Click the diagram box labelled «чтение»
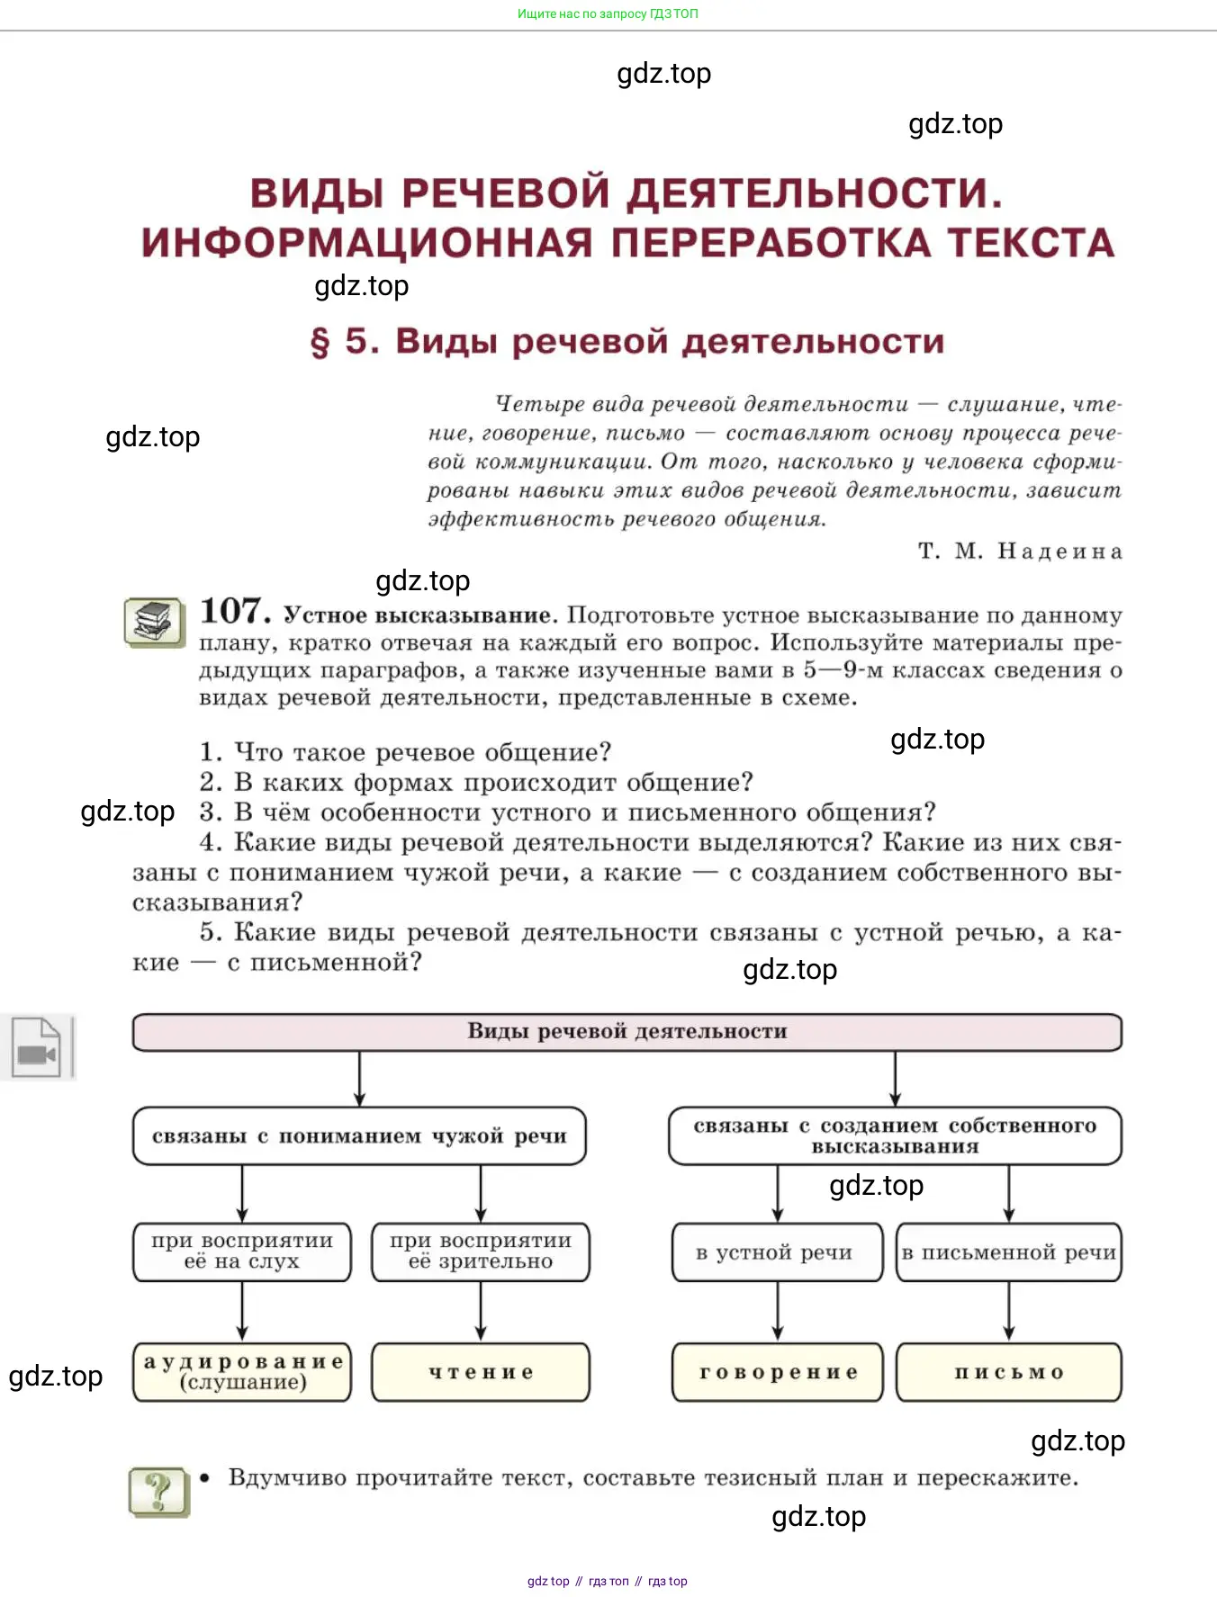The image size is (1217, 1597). click(x=481, y=1372)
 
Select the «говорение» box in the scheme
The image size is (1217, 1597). click(x=778, y=1372)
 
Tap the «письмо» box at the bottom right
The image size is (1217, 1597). click(x=1009, y=1372)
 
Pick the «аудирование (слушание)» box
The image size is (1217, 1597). click(x=242, y=1372)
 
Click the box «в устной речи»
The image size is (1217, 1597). click(x=778, y=1252)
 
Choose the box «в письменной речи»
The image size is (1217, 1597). click(x=1009, y=1252)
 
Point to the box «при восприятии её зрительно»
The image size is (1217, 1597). click(x=481, y=1252)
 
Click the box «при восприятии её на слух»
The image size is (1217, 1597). click(x=242, y=1252)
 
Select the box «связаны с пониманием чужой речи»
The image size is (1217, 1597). click(x=359, y=1135)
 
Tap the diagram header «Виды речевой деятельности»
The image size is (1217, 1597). click(x=627, y=1032)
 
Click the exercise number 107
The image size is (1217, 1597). click(x=235, y=611)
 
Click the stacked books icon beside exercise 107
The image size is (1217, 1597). click(x=155, y=622)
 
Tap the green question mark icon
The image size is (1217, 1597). click(x=159, y=1492)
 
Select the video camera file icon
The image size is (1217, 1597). click(x=37, y=1047)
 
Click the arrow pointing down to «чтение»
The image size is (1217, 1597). click(x=481, y=1312)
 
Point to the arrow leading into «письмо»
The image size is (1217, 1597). click(x=1009, y=1312)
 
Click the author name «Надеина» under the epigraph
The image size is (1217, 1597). click(x=1059, y=551)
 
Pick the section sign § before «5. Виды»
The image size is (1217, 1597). click(x=320, y=343)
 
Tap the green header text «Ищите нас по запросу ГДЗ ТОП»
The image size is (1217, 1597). click(x=608, y=13)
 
